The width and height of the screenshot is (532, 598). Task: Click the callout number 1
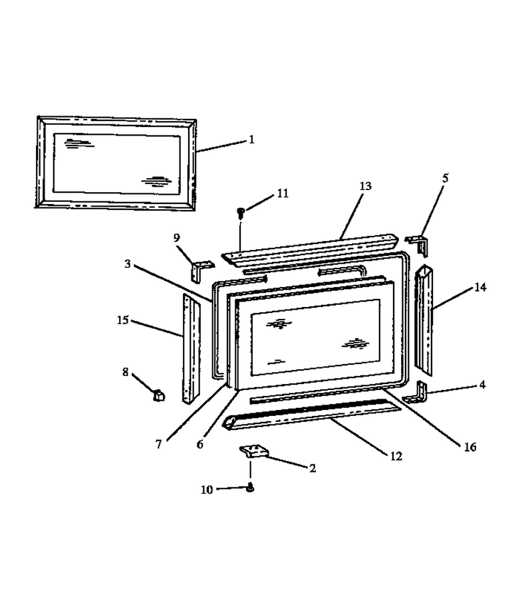tap(251, 140)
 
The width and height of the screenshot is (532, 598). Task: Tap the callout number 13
tap(365, 186)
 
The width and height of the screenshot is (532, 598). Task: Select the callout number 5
tap(445, 178)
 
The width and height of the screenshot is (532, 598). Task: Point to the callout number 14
tap(480, 287)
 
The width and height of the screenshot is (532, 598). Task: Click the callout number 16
tap(470, 447)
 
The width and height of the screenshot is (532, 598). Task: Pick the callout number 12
tap(396, 456)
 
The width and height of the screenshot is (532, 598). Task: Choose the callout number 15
tap(122, 320)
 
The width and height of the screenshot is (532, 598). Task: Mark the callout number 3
tap(128, 264)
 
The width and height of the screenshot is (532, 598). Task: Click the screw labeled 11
tap(241, 213)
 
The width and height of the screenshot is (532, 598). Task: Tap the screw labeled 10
tap(250, 488)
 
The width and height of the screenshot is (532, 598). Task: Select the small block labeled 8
tap(159, 395)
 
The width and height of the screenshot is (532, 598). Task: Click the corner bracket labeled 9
tap(201, 269)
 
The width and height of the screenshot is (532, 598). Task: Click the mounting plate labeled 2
tap(255, 450)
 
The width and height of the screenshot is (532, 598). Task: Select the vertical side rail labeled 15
tap(192, 349)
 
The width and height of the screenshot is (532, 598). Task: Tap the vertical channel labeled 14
tap(424, 320)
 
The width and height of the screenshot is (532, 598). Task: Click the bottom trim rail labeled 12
tap(311, 414)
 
